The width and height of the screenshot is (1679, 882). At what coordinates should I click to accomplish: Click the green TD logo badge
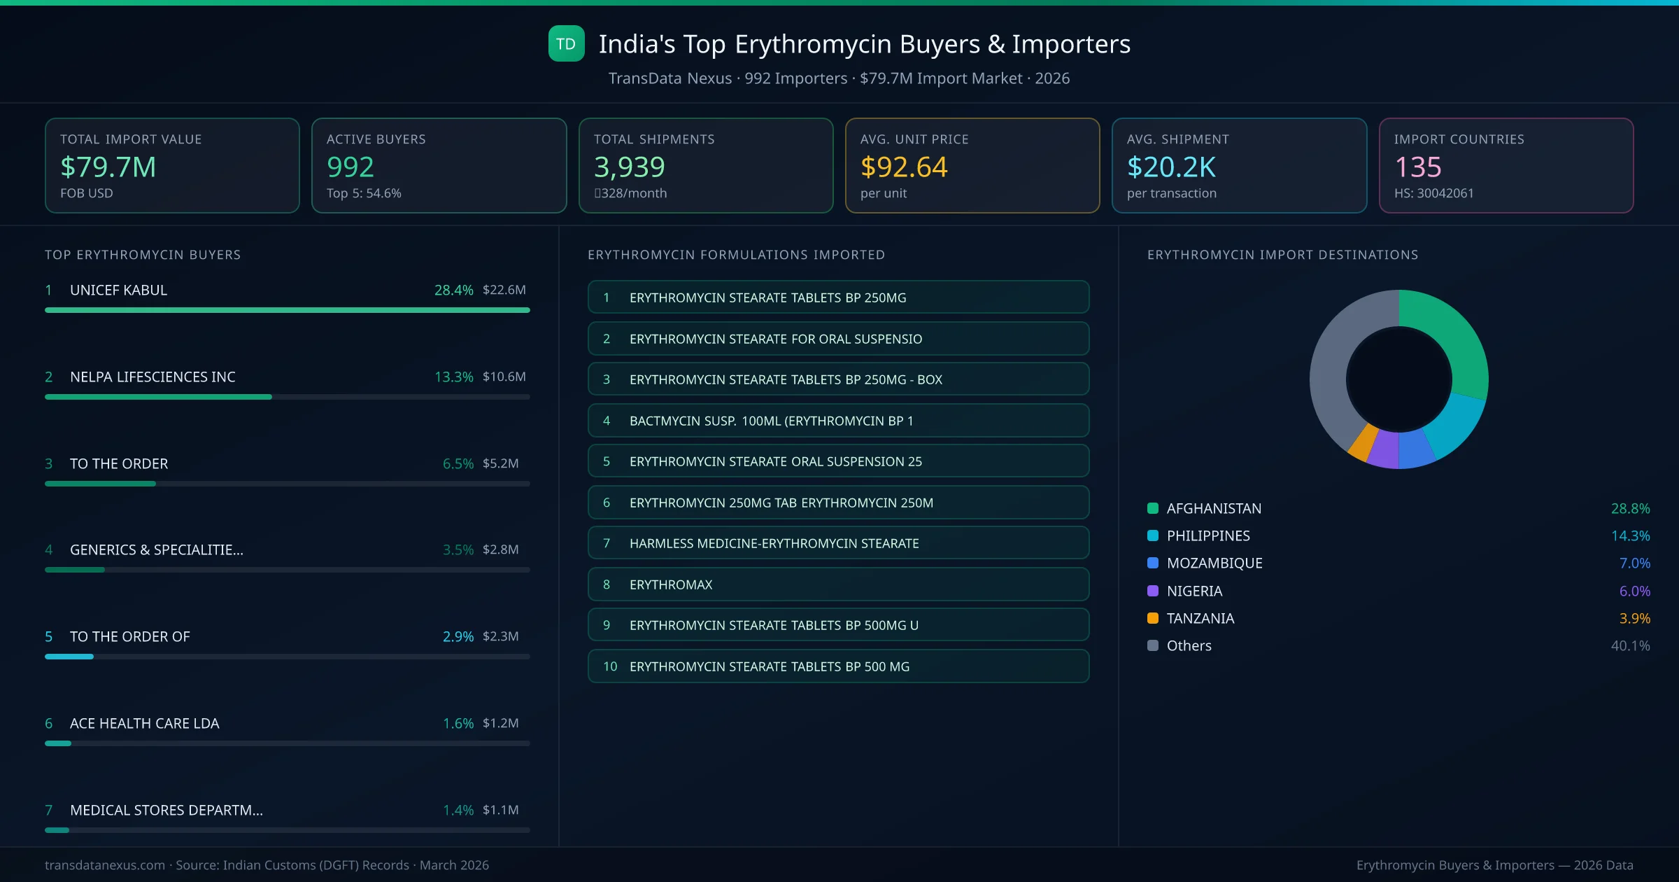(x=566, y=44)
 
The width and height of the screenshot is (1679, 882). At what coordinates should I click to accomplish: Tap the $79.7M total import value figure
(x=108, y=167)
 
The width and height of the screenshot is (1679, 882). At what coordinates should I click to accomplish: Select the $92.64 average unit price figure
(x=903, y=167)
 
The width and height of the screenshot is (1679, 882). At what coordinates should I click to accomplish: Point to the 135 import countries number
(x=1417, y=167)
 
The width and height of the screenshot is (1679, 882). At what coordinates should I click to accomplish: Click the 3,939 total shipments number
(x=629, y=167)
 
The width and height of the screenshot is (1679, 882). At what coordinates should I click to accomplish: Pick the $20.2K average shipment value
(x=1171, y=167)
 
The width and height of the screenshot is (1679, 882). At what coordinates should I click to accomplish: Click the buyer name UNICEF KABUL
(x=118, y=290)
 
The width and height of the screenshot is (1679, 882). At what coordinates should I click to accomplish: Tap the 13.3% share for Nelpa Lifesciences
(x=453, y=377)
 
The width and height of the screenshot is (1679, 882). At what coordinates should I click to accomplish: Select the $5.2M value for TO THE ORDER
(x=500, y=463)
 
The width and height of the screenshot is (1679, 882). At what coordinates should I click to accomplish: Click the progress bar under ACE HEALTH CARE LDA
(x=287, y=743)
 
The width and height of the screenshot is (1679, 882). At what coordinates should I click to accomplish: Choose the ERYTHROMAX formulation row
(x=838, y=584)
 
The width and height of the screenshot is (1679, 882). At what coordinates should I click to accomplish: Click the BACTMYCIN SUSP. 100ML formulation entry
(x=838, y=421)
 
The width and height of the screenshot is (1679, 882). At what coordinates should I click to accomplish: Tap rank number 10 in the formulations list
(x=610, y=666)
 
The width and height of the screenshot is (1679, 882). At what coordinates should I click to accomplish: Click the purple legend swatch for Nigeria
(x=1153, y=591)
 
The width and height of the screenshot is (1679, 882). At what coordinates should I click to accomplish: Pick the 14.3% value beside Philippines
(x=1630, y=536)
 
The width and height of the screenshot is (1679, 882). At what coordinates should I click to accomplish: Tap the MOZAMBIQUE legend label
(x=1214, y=563)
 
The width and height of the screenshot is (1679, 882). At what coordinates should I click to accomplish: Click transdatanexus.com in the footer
(x=105, y=865)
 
